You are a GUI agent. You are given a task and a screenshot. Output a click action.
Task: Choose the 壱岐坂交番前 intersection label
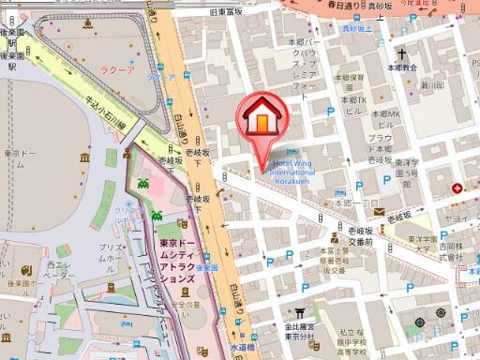(359, 235)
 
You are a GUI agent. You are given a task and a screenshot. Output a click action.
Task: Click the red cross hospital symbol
(457, 189)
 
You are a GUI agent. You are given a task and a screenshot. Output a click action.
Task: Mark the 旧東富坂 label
(253, 10)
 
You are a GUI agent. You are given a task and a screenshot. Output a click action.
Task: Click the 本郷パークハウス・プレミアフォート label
(306, 64)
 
